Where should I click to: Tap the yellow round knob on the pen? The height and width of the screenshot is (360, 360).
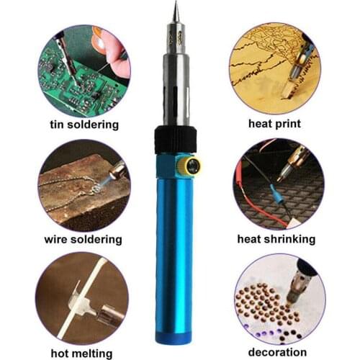pos(192,166)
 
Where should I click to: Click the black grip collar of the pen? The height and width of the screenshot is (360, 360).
pos(175,138)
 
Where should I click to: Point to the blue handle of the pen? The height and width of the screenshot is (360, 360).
pos(174,252)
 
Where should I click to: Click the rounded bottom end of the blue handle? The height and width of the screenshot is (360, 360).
pos(174,337)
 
